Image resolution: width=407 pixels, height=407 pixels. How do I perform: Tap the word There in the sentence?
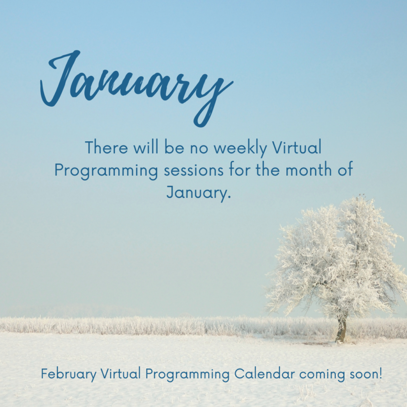point(106,147)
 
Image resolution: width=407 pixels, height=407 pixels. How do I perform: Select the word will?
point(146,147)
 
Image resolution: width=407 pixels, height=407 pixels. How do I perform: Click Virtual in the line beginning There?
point(297,147)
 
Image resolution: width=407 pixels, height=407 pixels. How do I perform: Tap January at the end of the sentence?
point(199,192)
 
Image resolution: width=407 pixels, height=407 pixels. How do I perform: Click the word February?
point(68,374)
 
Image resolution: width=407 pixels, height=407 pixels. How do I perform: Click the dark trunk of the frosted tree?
point(341,329)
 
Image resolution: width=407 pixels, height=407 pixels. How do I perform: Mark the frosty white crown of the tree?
point(335,260)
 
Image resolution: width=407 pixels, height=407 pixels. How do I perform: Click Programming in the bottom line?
point(187,375)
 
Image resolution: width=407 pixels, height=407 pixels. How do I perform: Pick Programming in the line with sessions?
point(106,171)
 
